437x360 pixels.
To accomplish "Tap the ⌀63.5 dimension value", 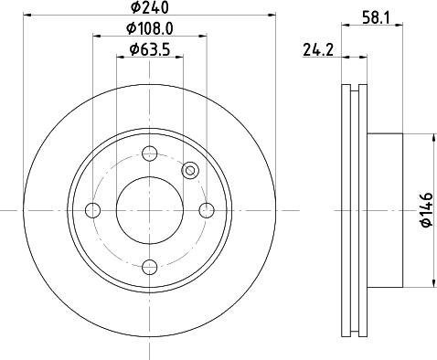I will [151, 49].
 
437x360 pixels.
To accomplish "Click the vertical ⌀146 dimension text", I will [424, 209].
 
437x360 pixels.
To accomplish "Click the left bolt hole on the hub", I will [93, 210].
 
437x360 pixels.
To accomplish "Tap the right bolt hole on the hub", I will [207, 210].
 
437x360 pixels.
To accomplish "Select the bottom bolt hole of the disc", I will [150, 267].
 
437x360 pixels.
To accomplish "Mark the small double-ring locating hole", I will [190, 170].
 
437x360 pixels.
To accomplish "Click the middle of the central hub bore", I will [150, 210].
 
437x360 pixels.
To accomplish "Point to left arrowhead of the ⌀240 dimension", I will [27, 16].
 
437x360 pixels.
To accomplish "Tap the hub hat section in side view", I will [384, 210].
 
